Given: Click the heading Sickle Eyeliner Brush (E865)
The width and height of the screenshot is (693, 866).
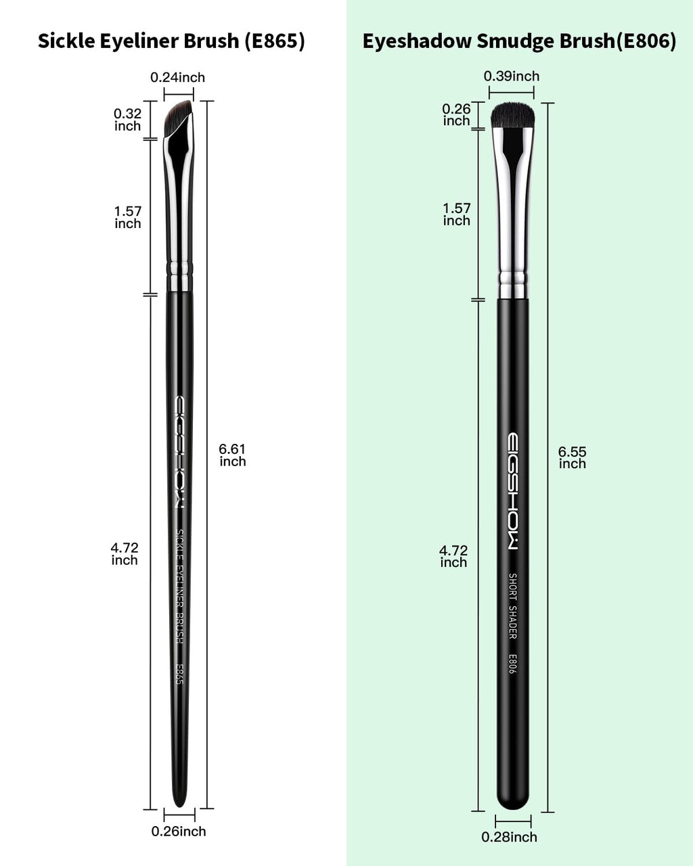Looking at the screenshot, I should [x=171, y=41].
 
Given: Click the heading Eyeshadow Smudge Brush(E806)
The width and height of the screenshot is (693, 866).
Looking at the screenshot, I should [x=519, y=41].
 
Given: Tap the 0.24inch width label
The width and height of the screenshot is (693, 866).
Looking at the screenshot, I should [x=177, y=77].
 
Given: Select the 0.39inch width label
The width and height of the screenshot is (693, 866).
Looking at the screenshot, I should [x=512, y=76].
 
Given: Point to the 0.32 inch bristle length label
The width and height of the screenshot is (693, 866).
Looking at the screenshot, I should [x=127, y=120].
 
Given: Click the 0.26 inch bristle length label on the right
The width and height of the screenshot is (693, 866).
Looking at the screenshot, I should [x=456, y=115].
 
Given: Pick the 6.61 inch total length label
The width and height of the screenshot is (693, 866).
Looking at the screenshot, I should [x=232, y=455].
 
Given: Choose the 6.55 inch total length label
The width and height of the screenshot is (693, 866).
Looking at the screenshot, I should [x=572, y=457].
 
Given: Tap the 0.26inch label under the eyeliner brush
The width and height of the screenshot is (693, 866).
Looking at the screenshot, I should [x=179, y=831].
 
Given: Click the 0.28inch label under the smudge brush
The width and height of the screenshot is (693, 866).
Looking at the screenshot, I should [x=510, y=837].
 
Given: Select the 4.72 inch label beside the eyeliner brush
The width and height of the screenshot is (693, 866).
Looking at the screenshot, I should [x=125, y=553].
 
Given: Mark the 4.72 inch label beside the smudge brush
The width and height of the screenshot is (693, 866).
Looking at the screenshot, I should [x=453, y=556].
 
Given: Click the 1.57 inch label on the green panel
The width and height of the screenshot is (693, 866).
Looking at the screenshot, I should [x=456, y=214].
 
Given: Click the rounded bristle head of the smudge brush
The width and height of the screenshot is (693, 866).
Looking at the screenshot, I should [x=512, y=115].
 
